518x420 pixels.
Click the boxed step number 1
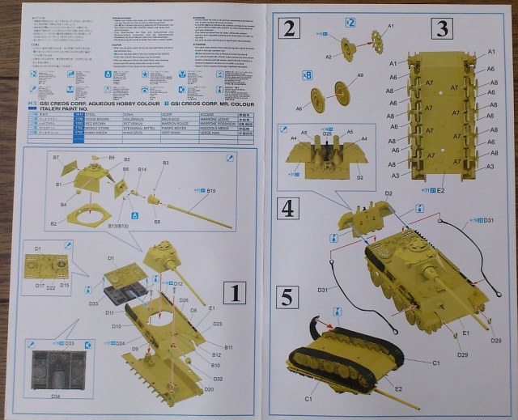coord(234,293)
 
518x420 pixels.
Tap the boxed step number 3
coord(442,30)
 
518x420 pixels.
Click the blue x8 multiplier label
coord(307,74)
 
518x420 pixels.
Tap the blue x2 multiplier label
coord(350,22)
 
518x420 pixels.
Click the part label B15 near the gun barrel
coord(211,191)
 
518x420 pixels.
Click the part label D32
coord(219,379)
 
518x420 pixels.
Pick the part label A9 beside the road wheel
coord(360,74)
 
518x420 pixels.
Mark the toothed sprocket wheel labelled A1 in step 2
coord(374,38)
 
